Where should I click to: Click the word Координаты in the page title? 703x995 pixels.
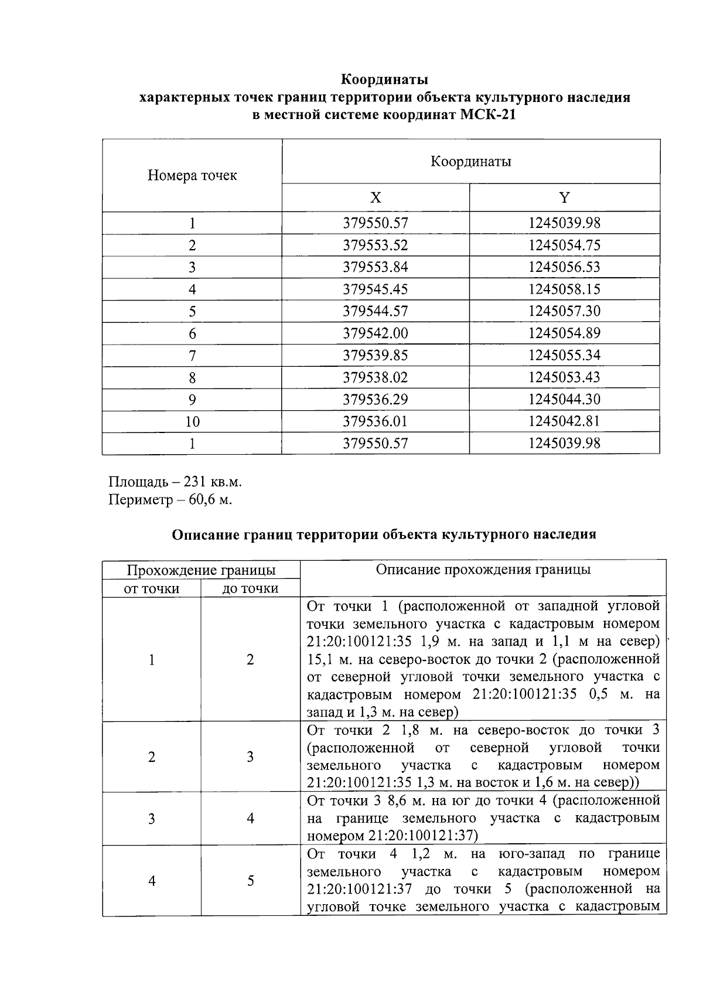[x=384, y=79]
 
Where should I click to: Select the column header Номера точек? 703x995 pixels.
[x=192, y=175]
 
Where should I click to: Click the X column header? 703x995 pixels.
[x=376, y=197]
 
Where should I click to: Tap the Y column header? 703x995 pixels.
[x=564, y=197]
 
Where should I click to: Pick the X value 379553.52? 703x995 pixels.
[x=375, y=245]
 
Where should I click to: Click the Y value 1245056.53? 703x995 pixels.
[x=564, y=267]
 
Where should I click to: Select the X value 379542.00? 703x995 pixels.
[x=375, y=333]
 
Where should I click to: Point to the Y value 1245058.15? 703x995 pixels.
[x=564, y=289]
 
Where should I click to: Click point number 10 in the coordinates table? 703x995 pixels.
[x=192, y=421]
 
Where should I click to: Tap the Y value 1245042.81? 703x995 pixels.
[x=564, y=421]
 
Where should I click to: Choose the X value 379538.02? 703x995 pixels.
[x=375, y=377]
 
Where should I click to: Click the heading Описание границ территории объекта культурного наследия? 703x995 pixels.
[x=384, y=534]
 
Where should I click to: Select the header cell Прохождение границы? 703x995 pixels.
[x=201, y=570]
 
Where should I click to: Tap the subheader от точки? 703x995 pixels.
[x=152, y=588]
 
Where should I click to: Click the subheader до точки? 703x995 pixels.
[x=250, y=588]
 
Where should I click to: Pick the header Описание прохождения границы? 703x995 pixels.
[x=483, y=570]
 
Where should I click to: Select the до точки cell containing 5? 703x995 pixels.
[x=250, y=881]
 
